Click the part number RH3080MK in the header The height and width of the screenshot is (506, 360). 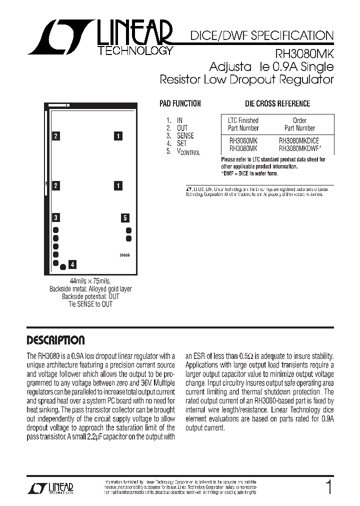305,52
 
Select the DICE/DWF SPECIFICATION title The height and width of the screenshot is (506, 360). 261,36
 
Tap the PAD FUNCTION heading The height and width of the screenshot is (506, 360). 180,103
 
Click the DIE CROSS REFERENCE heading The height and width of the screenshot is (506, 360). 277,103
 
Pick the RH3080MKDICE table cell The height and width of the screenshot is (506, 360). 299,141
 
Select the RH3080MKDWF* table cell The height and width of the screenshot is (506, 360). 300,148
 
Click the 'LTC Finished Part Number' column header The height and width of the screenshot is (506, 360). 243,124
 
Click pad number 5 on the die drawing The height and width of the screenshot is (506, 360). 125,217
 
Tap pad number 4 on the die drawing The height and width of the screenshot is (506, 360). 73,264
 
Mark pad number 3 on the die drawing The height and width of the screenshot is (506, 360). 56,217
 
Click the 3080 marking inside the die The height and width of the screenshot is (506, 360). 124,255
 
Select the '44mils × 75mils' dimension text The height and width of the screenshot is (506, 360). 90,281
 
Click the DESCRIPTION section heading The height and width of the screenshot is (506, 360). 55,340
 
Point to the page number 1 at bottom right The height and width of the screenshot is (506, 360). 328,487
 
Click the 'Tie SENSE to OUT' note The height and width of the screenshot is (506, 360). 90,304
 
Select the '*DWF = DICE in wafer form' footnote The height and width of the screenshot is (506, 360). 250,173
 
